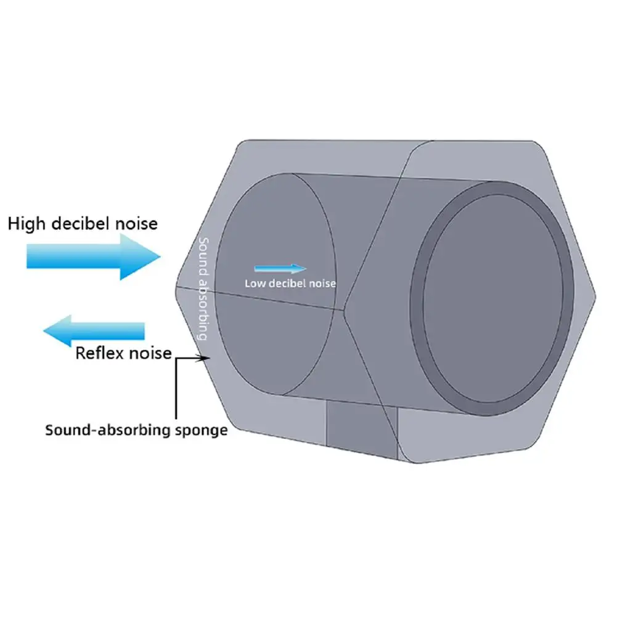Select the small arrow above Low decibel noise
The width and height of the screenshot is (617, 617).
coord(280,268)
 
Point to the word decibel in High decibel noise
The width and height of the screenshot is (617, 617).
coord(83,223)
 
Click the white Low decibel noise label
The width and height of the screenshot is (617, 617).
coord(290,284)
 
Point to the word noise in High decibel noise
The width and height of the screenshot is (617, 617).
coord(136,223)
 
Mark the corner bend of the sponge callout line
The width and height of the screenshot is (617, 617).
coord(177,358)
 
